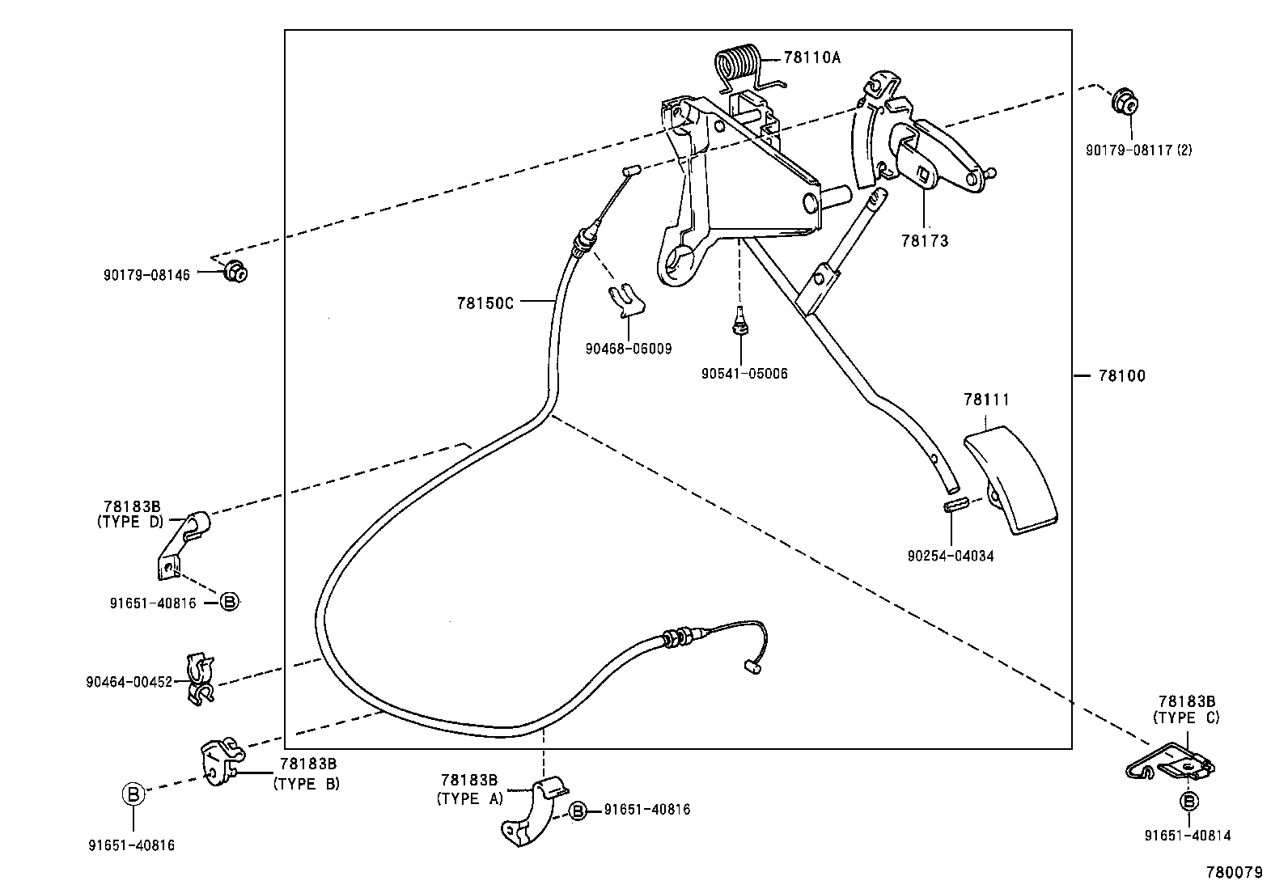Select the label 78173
(924, 241)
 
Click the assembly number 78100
(1121, 376)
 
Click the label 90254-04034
(951, 557)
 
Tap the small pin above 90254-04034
(955, 506)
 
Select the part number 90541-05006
(744, 374)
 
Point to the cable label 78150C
(485, 303)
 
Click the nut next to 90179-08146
(235, 273)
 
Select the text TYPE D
(130, 522)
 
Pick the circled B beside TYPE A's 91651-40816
(578, 811)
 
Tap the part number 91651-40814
(1188, 836)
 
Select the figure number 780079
(1234, 873)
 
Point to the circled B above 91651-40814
(1189, 802)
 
